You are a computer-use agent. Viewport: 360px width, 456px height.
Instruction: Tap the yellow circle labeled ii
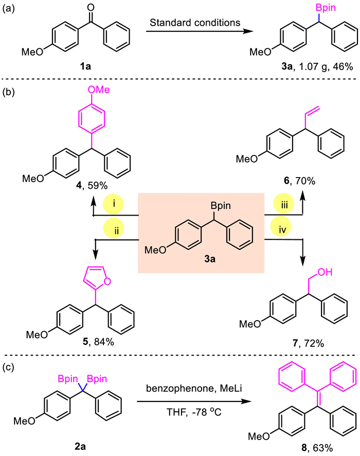110,227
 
